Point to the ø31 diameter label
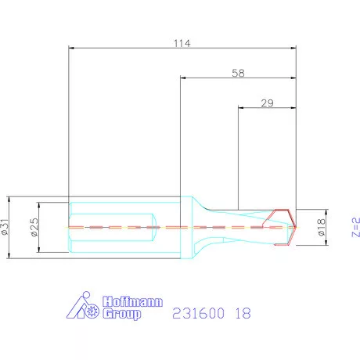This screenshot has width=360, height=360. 6,226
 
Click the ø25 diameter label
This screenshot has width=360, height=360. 34,227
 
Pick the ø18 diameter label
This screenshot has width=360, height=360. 321,226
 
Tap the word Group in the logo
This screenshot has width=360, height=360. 122,314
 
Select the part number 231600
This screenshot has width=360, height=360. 197,312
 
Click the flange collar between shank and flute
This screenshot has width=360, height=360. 188,227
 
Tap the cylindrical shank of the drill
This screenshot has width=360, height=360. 117,227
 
